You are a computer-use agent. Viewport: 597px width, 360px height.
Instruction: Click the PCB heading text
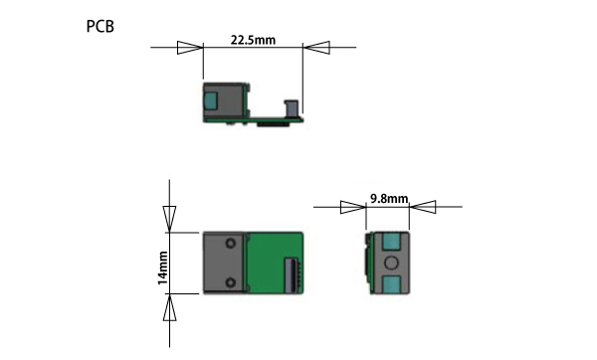coord(100,26)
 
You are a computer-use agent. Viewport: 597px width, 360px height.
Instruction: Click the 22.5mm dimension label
coord(253,40)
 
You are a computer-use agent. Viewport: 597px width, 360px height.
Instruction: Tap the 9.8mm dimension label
coord(389,199)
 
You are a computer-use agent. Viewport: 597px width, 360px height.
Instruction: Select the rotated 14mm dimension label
coord(163,268)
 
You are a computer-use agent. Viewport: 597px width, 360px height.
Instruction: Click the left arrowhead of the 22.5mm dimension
coord(190,48)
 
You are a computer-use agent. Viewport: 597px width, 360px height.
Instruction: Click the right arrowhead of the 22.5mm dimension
coord(316,48)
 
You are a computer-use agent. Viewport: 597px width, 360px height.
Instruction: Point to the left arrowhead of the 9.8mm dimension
coord(353,207)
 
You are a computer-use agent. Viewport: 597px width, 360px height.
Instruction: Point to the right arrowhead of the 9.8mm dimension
coord(423,207)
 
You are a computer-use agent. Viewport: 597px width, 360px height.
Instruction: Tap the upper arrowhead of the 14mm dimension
coord(169,219)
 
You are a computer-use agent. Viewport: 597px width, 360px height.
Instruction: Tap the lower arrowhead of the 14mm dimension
coord(169,307)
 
